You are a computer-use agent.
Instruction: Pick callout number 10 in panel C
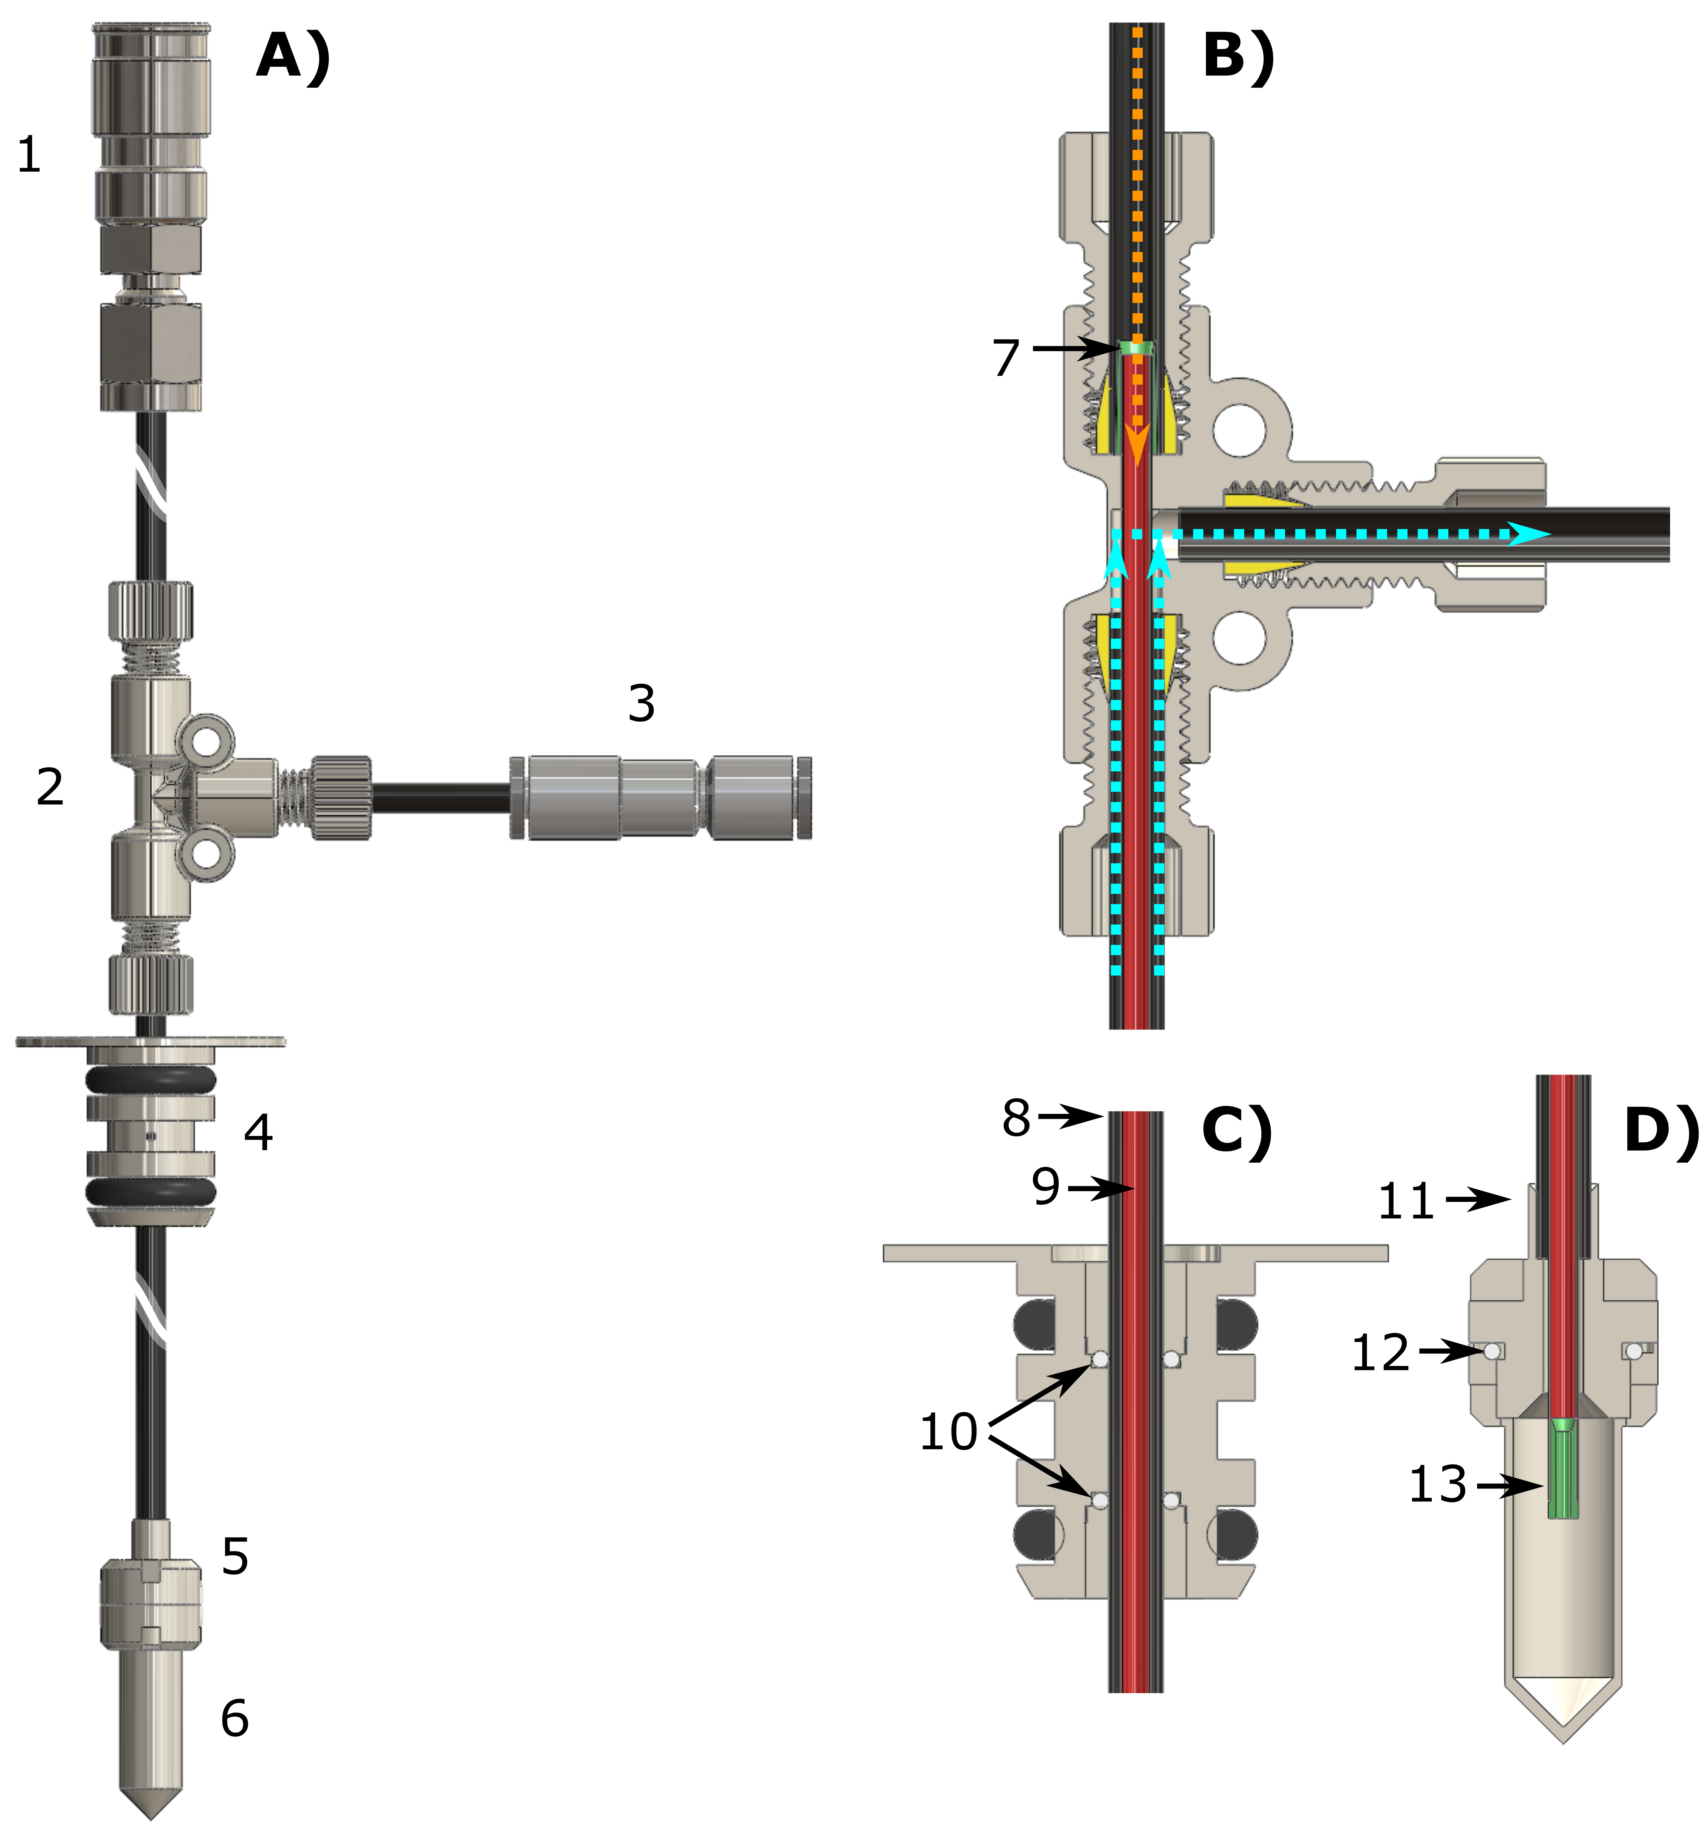pos(949,1432)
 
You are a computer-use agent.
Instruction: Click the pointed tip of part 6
pos(151,1815)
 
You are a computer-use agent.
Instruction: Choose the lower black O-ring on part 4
pos(151,1193)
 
